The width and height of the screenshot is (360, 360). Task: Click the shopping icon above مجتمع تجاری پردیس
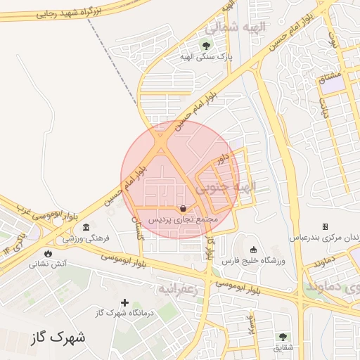pos(184,208)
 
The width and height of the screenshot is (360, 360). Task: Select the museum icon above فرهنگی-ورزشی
pos(86,226)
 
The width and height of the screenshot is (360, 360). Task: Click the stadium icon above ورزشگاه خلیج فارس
pos(253,250)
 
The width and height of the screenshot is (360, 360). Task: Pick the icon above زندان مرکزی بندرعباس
pos(325,226)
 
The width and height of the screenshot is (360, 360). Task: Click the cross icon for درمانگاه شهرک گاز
pos(125,302)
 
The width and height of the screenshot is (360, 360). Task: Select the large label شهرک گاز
pos(59,337)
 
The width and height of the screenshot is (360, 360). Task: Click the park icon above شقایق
pos(283,337)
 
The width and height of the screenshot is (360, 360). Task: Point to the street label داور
pos(223,159)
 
